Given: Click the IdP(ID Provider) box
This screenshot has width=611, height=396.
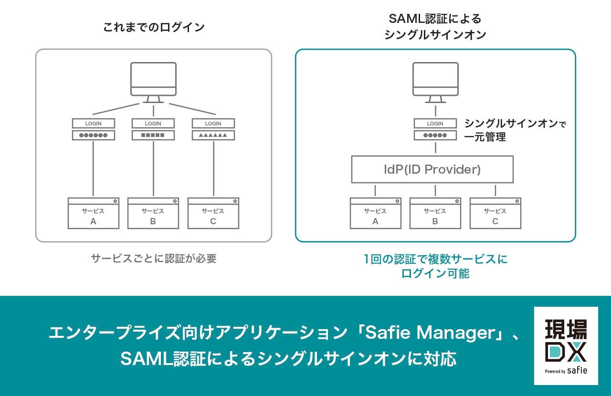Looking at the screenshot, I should [x=432, y=169].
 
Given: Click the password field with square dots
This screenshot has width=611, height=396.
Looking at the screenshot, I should [x=153, y=135].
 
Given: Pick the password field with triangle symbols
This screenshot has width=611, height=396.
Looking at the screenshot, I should [x=213, y=135].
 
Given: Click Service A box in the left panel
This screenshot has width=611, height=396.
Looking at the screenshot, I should [x=93, y=213].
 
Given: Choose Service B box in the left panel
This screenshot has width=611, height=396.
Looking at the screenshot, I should [x=153, y=213].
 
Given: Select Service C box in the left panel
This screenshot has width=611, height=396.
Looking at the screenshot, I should [x=213, y=213].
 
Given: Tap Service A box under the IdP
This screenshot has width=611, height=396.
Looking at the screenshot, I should [x=375, y=213].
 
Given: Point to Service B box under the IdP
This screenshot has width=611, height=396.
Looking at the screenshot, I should [x=435, y=213].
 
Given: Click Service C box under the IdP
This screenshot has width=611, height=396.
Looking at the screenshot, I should [x=495, y=213].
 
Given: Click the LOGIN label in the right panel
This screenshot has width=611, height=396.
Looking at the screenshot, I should [x=435, y=124].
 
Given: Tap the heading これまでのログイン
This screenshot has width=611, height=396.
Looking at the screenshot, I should [x=154, y=27].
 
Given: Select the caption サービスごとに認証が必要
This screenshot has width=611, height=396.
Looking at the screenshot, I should [x=154, y=259].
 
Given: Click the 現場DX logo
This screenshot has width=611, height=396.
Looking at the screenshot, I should [x=566, y=345].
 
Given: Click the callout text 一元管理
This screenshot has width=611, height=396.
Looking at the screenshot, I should [x=485, y=137].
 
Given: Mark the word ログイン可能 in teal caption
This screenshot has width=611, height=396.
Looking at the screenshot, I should [x=435, y=273].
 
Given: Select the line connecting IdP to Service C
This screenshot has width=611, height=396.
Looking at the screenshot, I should [x=495, y=190].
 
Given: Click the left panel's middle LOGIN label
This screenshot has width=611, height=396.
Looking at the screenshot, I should [x=153, y=124].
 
